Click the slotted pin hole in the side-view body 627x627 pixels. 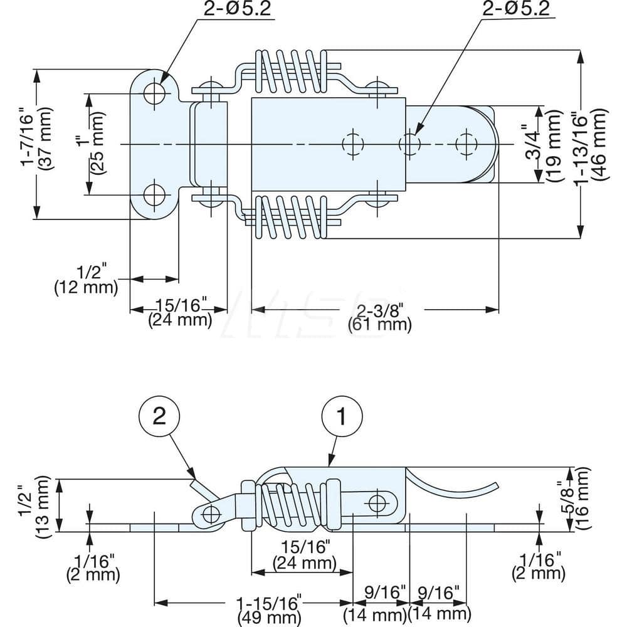tap(377, 502)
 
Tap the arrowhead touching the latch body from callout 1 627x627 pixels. tap(329, 465)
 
